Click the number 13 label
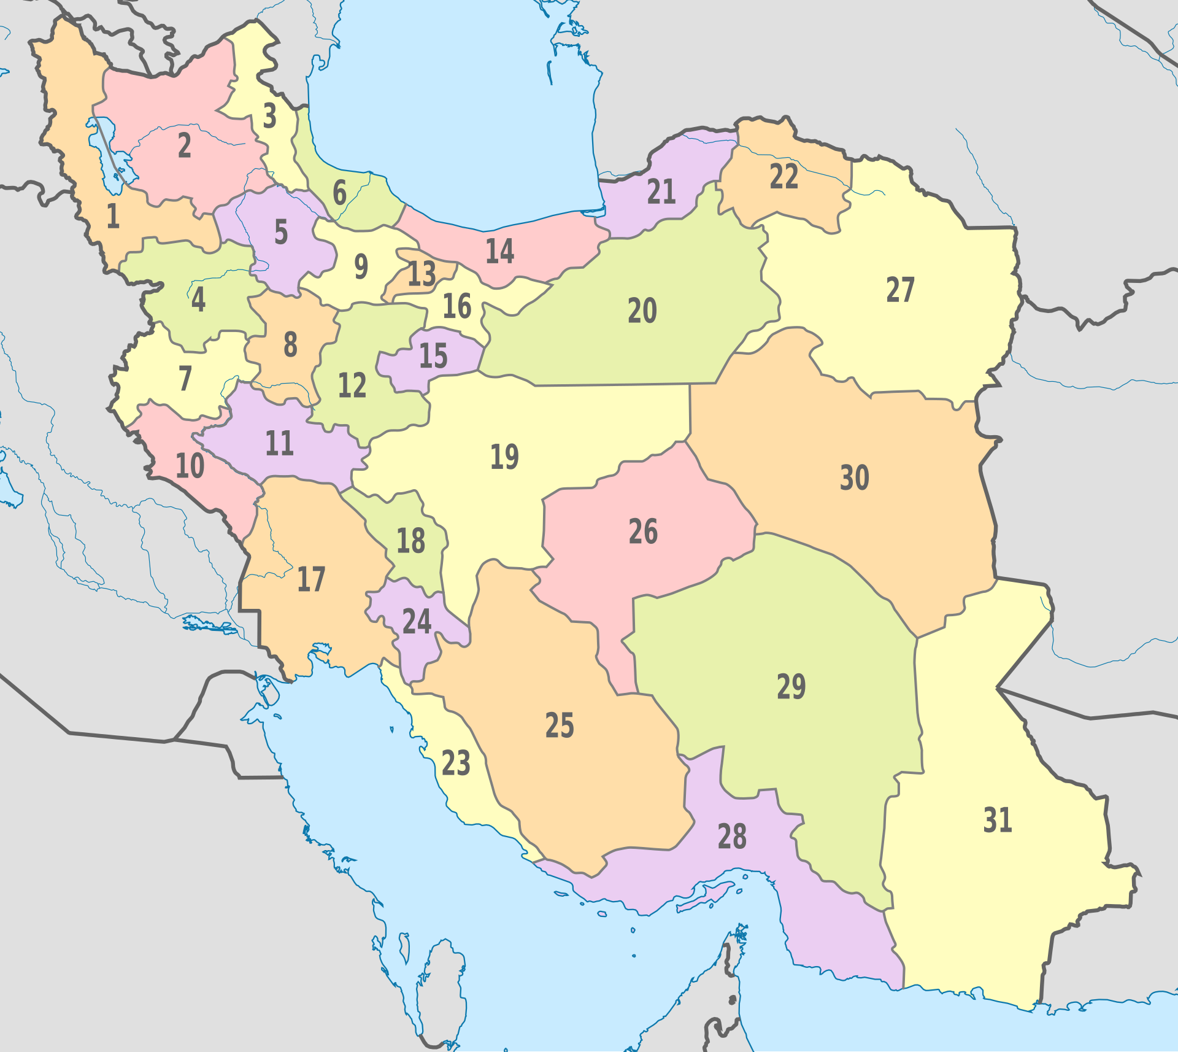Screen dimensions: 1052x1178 pyautogui.click(x=422, y=274)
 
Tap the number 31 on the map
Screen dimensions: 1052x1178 pyautogui.click(x=997, y=820)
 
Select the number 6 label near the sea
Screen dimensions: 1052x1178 pyautogui.click(x=339, y=193)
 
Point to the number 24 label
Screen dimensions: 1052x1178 pyautogui.click(x=417, y=621)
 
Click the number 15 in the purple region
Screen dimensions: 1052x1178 pyautogui.click(x=433, y=356)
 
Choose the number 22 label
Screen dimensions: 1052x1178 pyautogui.click(x=783, y=177)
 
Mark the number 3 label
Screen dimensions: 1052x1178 pyautogui.click(x=269, y=116)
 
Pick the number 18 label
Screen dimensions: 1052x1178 pyautogui.click(x=410, y=541)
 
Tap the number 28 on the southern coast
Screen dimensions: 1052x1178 pyautogui.click(x=732, y=837)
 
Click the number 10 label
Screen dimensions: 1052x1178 pyautogui.click(x=190, y=466)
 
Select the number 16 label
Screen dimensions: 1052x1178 pyautogui.click(x=457, y=306)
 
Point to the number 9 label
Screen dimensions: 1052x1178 pyautogui.click(x=361, y=266)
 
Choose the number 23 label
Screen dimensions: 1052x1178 pyautogui.click(x=456, y=764)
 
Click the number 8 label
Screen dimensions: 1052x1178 pyautogui.click(x=290, y=345)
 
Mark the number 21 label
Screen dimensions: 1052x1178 pyautogui.click(x=661, y=192)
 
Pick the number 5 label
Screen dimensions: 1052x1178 pyautogui.click(x=281, y=233)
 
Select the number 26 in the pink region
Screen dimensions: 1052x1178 pyautogui.click(x=643, y=532)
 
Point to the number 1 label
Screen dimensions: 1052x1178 pyautogui.click(x=113, y=216)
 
